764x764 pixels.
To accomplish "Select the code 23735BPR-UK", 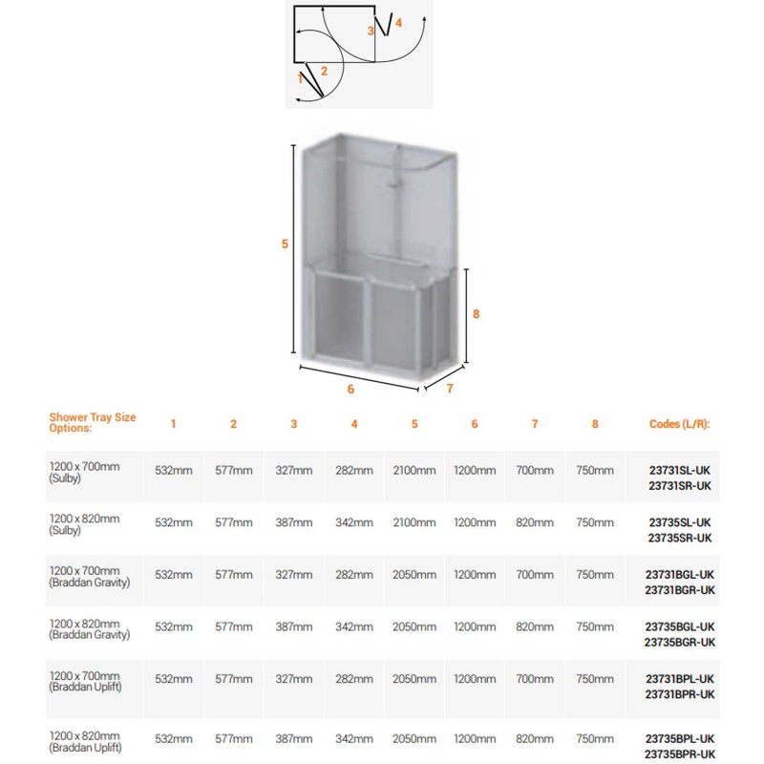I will [679, 753].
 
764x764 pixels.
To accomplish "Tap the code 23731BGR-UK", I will [680, 589].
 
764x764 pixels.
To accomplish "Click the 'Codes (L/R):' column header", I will [680, 423].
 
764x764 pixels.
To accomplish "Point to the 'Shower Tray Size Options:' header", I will [92, 423].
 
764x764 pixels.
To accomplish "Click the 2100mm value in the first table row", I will [414, 471].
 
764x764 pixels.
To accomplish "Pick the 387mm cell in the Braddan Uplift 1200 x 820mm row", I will [294, 738].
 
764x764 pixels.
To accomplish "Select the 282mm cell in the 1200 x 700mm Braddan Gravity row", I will [354, 575].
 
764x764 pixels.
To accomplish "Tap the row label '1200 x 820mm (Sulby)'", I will [85, 523].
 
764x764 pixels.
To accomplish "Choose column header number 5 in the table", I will [414, 424].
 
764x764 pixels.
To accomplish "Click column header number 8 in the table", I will [595, 424].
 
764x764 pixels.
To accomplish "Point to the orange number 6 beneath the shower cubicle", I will [350, 389].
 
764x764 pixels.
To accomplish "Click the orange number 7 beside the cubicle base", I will [449, 389].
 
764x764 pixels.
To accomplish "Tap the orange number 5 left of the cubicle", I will [285, 244].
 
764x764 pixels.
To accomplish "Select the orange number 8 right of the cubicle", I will [476, 313].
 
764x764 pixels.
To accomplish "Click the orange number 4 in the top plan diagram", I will [398, 22].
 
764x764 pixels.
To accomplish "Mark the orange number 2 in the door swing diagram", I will [324, 71].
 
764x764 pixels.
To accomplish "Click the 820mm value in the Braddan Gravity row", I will [535, 626].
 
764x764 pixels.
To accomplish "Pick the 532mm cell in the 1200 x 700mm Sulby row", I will [174, 471].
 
